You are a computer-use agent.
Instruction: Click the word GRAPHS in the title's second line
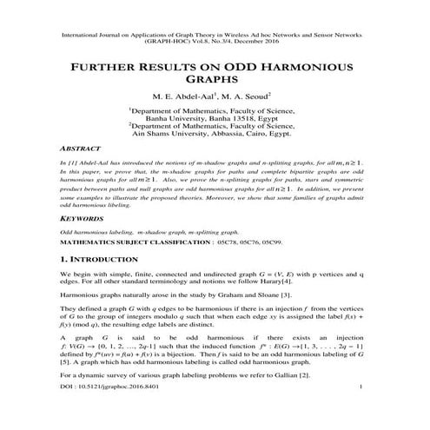click(x=215, y=80)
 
